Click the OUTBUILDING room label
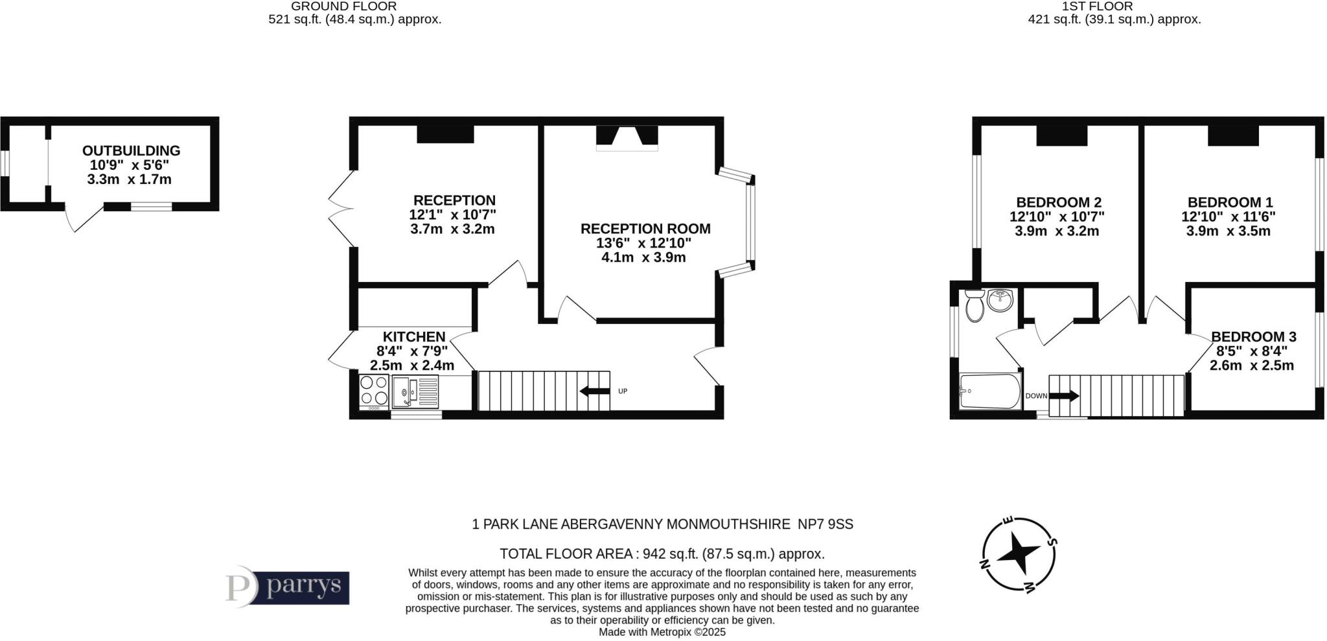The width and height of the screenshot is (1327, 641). click(131, 150)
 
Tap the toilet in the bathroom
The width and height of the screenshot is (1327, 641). click(974, 306)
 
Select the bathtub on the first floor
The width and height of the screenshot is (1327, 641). click(989, 391)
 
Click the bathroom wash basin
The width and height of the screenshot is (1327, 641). click(1001, 300)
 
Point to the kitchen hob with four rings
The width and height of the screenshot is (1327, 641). click(374, 390)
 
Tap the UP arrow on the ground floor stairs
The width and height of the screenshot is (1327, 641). click(595, 391)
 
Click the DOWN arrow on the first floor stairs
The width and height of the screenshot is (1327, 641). click(1064, 395)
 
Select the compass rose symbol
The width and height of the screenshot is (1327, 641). click(1019, 555)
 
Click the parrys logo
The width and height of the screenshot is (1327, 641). click(287, 587)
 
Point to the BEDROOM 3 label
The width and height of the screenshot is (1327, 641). click(1253, 336)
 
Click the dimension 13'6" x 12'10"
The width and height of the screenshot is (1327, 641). click(643, 243)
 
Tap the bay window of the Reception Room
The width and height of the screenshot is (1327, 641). click(750, 222)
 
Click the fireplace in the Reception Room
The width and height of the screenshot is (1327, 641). click(627, 138)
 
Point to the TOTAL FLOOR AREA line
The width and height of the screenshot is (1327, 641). click(662, 554)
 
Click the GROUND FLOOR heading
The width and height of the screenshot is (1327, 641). click(343, 6)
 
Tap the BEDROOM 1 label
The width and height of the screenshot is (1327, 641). click(1229, 202)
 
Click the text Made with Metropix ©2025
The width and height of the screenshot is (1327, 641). click(662, 632)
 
